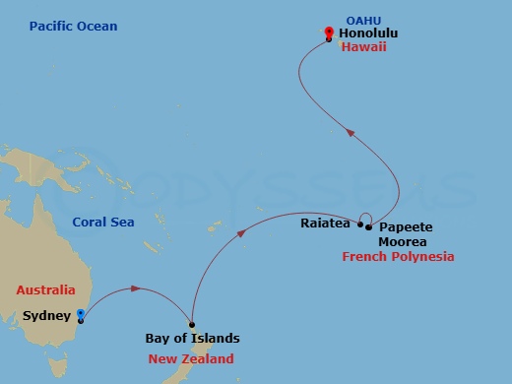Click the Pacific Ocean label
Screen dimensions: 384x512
pos(73,26)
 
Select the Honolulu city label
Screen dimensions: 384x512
pos(369,32)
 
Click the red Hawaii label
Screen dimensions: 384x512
pos(362,47)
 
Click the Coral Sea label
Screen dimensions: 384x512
pos(103,223)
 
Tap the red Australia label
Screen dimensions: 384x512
pos(45,290)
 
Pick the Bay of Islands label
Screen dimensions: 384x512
pos(192,339)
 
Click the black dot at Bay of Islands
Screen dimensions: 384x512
pos(192,325)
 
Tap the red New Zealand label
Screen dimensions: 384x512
pos(191,358)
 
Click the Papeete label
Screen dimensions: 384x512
pos(406,226)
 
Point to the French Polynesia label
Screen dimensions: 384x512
pos(398,257)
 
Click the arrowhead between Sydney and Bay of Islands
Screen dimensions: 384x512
pos(134,288)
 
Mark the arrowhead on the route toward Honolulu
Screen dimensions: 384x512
pos(351,130)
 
